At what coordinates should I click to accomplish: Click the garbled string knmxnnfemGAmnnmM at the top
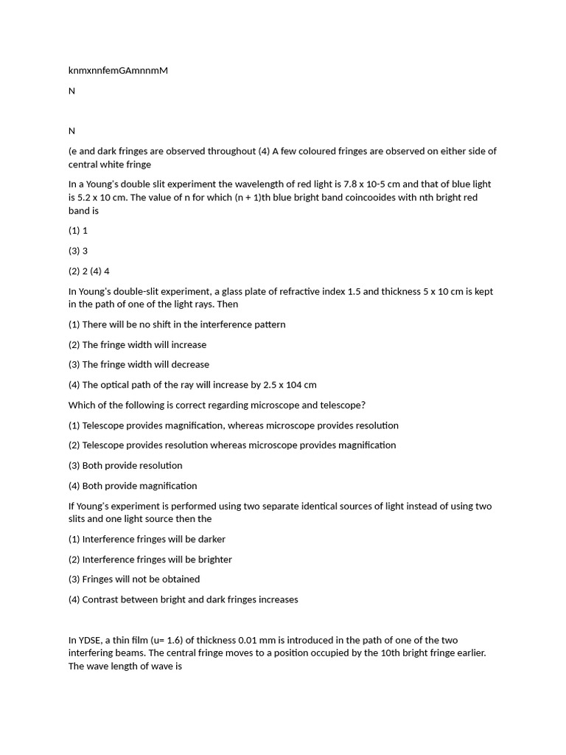pos(118,71)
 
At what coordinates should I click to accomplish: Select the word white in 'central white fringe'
pos(115,164)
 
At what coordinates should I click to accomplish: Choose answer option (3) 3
pos(78,251)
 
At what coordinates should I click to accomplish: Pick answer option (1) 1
pos(78,231)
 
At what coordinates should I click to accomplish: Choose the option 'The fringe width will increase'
pos(144,344)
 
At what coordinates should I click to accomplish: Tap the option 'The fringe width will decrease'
pos(145,364)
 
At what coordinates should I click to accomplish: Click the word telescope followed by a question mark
pos(342,405)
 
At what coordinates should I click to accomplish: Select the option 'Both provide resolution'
pos(132,465)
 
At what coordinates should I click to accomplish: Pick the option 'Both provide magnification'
pos(139,486)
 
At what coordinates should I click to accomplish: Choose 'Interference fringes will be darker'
pos(153,539)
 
